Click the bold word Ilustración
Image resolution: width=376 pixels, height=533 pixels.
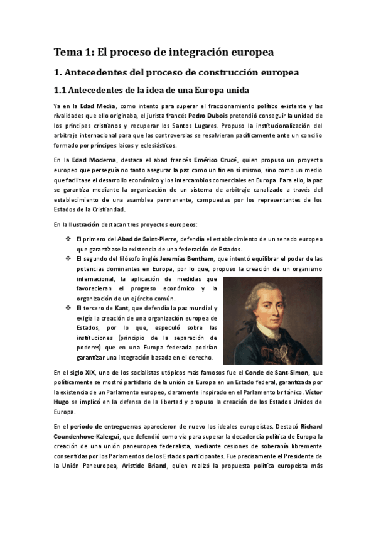pyautogui.click(x=80, y=224)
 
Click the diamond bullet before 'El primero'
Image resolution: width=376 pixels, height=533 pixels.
pyautogui.click(x=68, y=239)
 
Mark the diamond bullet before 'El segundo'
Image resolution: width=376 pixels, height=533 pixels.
pyautogui.click(x=68, y=258)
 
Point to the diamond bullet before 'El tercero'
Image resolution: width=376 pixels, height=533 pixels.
pyautogui.click(x=68, y=308)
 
